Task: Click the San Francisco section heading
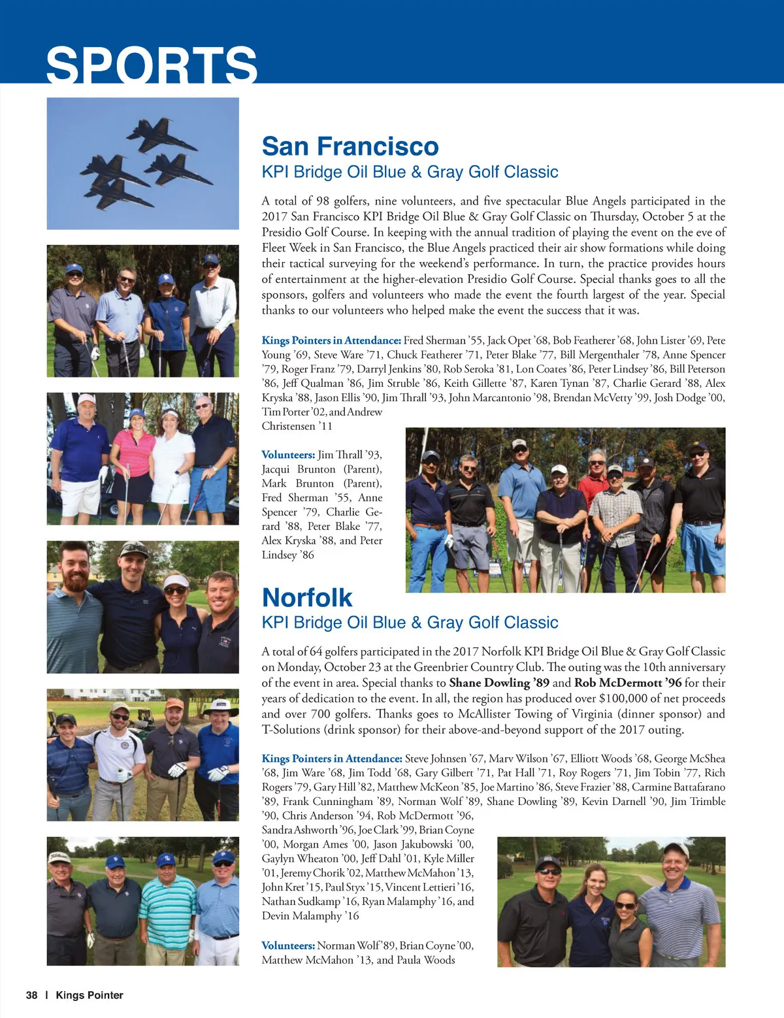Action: tap(350, 146)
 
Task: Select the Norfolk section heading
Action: tap(306, 598)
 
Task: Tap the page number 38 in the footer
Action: tap(31, 995)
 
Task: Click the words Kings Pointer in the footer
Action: tap(90, 995)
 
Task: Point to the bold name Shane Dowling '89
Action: tap(499, 683)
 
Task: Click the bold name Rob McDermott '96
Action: tap(628, 683)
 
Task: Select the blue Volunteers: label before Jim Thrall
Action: tap(288, 455)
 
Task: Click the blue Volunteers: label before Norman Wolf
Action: tap(288, 945)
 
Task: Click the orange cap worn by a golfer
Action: tap(174, 704)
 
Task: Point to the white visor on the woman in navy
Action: tap(175, 581)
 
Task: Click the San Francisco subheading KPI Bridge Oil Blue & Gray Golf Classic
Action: tap(410, 172)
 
